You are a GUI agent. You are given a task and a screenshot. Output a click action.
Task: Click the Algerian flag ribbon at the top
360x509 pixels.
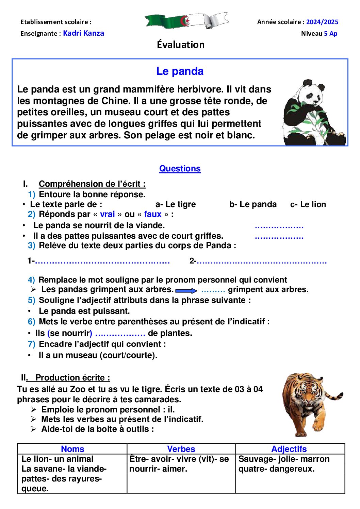[x=186, y=21]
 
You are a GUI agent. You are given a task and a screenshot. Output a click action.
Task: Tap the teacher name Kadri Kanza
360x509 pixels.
[x=83, y=33]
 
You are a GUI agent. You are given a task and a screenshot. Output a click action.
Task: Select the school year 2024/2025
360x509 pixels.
[x=322, y=22]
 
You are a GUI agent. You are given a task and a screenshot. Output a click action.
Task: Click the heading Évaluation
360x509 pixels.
[x=181, y=45]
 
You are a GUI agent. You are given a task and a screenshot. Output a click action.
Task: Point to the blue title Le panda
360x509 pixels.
[x=180, y=71]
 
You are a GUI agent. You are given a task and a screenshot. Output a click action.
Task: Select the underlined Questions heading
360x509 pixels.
[x=180, y=169]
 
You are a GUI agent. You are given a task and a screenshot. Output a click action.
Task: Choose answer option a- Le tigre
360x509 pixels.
[x=176, y=204]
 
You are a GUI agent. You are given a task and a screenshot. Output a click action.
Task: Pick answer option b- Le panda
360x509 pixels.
[x=253, y=204]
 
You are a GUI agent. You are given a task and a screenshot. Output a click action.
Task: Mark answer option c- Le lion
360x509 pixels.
[x=308, y=204]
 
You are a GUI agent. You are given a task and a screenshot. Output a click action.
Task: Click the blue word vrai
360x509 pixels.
[x=107, y=214]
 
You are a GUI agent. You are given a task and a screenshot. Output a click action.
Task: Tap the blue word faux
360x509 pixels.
[x=152, y=214]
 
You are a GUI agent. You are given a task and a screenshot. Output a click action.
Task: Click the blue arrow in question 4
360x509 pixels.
[x=186, y=291]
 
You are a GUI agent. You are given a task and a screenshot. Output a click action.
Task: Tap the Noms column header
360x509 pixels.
[x=72, y=449]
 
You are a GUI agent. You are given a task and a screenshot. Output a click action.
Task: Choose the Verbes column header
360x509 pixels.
[x=181, y=449]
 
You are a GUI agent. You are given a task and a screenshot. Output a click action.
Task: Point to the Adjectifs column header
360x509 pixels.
[x=289, y=449]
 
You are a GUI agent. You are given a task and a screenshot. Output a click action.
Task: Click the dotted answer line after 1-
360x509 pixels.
[x=102, y=262]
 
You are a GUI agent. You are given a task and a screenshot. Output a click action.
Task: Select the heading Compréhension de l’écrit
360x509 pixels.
[x=92, y=184]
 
